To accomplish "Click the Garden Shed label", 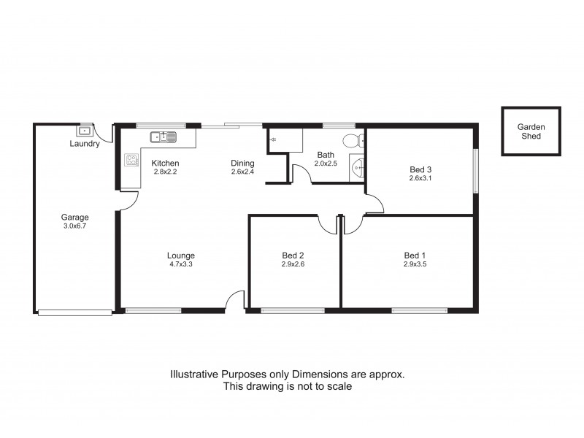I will (531, 131).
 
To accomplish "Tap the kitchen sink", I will (164, 137).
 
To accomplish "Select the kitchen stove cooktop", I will (132, 160).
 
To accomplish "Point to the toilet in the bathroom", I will (352, 141).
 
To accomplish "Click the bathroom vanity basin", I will (357, 167).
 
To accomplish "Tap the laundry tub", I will (85, 131).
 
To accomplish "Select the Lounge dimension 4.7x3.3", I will (180, 265).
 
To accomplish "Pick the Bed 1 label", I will (415, 255).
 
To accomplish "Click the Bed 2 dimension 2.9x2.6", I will (293, 265).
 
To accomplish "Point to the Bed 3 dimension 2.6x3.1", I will (420, 177).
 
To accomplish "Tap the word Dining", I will (242, 163).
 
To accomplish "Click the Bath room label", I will (326, 155).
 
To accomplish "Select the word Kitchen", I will (165, 163).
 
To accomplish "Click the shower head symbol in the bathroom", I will (273, 138).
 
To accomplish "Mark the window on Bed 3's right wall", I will (475, 172).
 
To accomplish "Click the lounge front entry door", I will (235, 301).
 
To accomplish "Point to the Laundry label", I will (85, 145).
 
